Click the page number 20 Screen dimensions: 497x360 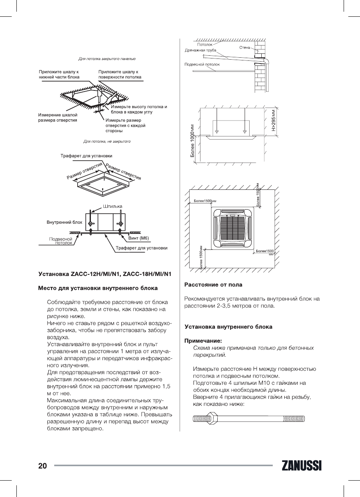pyautogui.click(x=43, y=466)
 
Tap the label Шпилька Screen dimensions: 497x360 pyautogui.click(x=113, y=206)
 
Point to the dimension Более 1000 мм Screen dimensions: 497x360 pyautogui.click(x=192, y=141)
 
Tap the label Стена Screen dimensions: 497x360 pyautogui.click(x=245, y=48)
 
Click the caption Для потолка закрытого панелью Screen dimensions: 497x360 pyautogui.click(x=107, y=59)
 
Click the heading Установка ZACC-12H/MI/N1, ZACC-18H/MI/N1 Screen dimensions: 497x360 pyautogui.click(x=105, y=274)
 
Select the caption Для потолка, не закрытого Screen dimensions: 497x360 pyautogui.click(x=107, y=141)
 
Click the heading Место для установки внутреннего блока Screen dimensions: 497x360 pyautogui.click(x=98, y=288)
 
